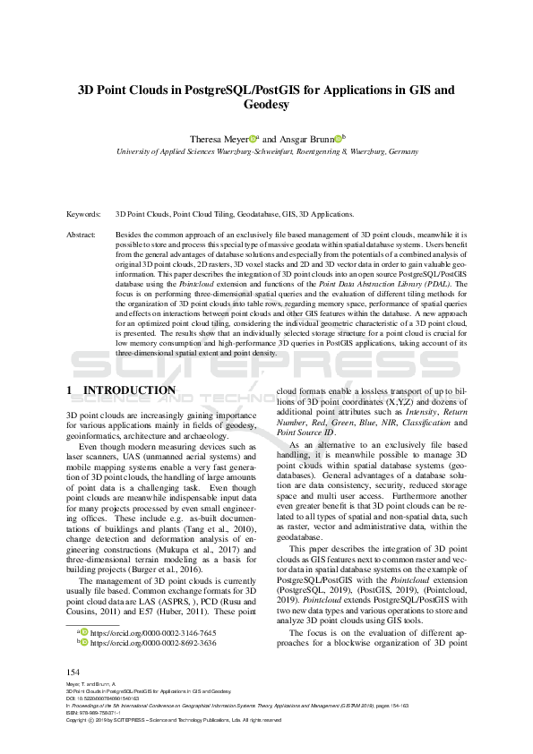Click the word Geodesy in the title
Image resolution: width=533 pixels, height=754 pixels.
(x=266, y=105)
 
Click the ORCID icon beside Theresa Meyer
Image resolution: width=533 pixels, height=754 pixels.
(x=254, y=139)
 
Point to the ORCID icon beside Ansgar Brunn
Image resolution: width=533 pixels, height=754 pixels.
(x=338, y=139)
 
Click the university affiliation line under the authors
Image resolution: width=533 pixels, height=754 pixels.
(x=266, y=152)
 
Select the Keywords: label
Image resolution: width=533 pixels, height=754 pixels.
(x=82, y=216)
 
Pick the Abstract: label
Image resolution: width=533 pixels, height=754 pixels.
(x=82, y=233)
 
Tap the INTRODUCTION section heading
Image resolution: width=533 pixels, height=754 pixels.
(x=129, y=390)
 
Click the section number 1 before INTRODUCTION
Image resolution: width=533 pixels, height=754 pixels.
(x=70, y=390)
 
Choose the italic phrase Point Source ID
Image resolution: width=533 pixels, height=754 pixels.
(x=308, y=433)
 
